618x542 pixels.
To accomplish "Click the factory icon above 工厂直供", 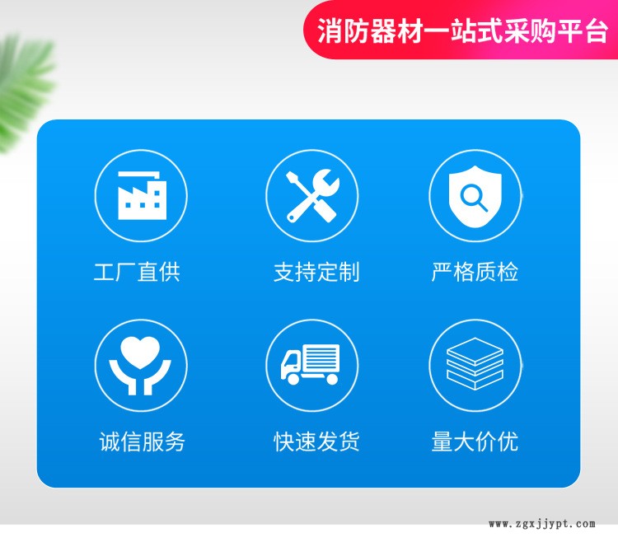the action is (142, 195).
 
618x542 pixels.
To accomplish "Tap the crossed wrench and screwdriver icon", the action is (312, 195).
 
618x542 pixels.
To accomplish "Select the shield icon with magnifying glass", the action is (475, 196).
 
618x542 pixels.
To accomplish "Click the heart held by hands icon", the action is (140, 365).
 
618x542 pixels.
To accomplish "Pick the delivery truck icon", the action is (310, 364).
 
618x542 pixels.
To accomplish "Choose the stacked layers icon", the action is (475, 364).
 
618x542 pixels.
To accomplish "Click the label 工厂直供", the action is (137, 272).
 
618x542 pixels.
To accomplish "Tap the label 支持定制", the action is (316, 272).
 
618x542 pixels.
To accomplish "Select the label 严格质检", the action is (475, 272).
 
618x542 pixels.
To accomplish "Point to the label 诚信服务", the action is (143, 442).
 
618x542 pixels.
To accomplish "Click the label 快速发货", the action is (316, 442).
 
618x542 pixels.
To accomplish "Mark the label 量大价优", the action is (475, 442).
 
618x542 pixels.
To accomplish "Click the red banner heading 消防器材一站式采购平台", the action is (463, 30).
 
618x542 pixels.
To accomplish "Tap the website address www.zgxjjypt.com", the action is (542, 524).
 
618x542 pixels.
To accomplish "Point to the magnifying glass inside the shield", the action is (474, 198).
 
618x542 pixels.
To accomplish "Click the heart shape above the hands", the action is (140, 353).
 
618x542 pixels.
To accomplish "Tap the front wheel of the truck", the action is (293, 380).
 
